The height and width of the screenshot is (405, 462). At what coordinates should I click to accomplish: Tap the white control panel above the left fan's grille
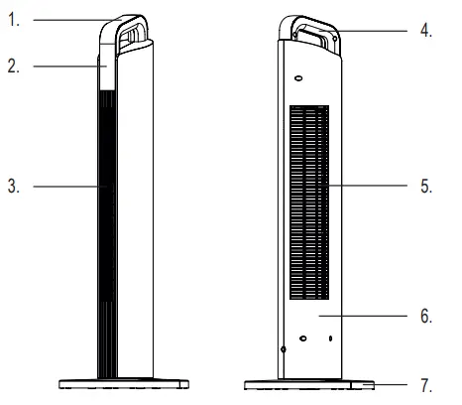pyautogui.click(x=105, y=71)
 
